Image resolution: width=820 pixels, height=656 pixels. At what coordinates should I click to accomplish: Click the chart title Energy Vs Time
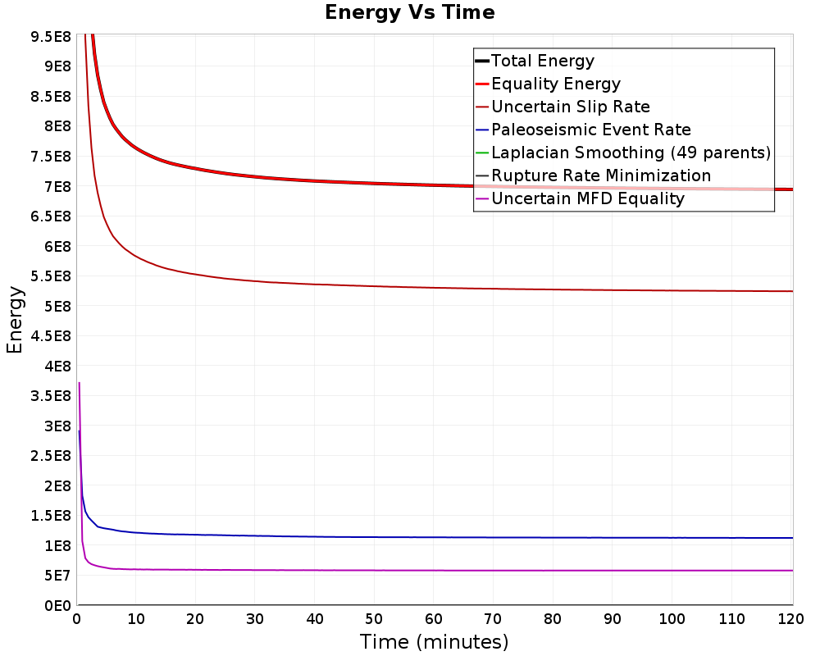click(x=409, y=12)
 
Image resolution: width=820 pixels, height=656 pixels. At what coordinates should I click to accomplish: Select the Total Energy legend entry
click(x=535, y=61)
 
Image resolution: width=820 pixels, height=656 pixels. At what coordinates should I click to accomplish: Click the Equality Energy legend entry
click(x=548, y=84)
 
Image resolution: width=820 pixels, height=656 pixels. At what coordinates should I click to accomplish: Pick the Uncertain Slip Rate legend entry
click(x=563, y=107)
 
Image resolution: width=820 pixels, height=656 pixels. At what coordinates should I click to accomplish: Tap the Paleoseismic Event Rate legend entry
click(x=583, y=130)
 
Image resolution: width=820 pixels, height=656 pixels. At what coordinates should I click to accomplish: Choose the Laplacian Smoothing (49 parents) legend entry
click(x=623, y=153)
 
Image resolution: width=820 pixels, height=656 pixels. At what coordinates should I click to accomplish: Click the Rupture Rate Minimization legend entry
click(x=593, y=175)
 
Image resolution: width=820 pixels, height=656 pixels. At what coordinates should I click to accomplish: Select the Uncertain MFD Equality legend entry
click(x=580, y=198)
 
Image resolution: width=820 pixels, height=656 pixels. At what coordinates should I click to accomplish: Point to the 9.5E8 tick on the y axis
click(x=51, y=37)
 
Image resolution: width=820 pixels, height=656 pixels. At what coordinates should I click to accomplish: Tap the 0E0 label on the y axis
click(x=57, y=606)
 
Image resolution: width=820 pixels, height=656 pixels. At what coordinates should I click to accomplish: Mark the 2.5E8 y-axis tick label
click(x=51, y=456)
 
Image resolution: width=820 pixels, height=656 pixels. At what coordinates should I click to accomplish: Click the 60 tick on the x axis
click(x=434, y=619)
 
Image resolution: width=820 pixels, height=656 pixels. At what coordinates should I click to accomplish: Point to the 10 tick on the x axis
click(x=135, y=619)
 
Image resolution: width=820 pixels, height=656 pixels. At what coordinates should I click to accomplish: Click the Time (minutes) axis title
click(x=434, y=642)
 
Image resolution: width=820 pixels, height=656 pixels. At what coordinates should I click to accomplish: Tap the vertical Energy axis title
click(x=15, y=320)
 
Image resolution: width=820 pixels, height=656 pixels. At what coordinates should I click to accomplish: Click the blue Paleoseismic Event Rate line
click(x=434, y=537)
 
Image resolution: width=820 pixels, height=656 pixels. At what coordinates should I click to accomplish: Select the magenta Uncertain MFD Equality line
click(x=434, y=570)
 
